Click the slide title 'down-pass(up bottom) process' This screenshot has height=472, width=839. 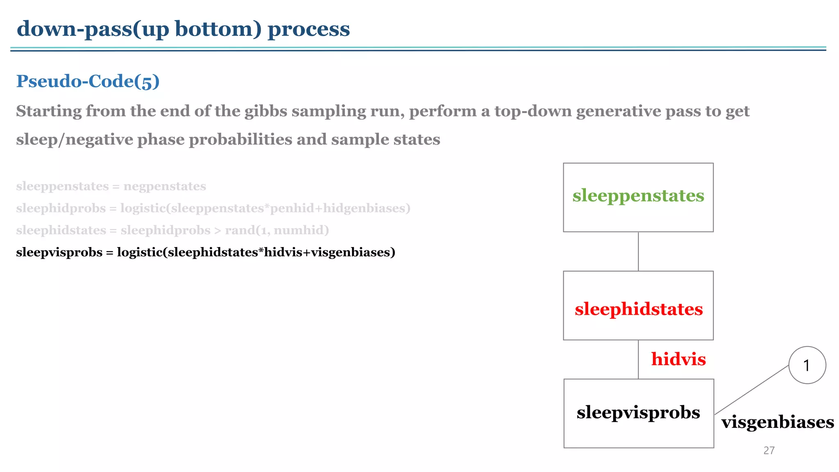[183, 29]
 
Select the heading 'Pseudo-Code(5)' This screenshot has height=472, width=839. [88, 81]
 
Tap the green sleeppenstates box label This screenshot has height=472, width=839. [638, 196]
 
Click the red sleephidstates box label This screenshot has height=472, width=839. [638, 309]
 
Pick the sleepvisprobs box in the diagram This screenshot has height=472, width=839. [638, 413]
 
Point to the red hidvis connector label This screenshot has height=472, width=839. [678, 359]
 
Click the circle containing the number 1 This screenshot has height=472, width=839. [807, 365]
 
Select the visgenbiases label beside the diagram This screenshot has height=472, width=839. [777, 422]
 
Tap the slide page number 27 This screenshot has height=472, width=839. [769, 450]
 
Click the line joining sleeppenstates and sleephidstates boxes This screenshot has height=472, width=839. [638, 251]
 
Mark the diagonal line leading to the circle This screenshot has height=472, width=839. [752, 390]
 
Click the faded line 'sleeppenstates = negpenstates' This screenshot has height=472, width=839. [111, 186]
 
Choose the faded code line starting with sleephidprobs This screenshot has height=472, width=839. [213, 208]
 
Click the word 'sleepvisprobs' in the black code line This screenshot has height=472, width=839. [59, 252]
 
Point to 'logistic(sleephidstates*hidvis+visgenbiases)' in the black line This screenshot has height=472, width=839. [256, 252]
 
